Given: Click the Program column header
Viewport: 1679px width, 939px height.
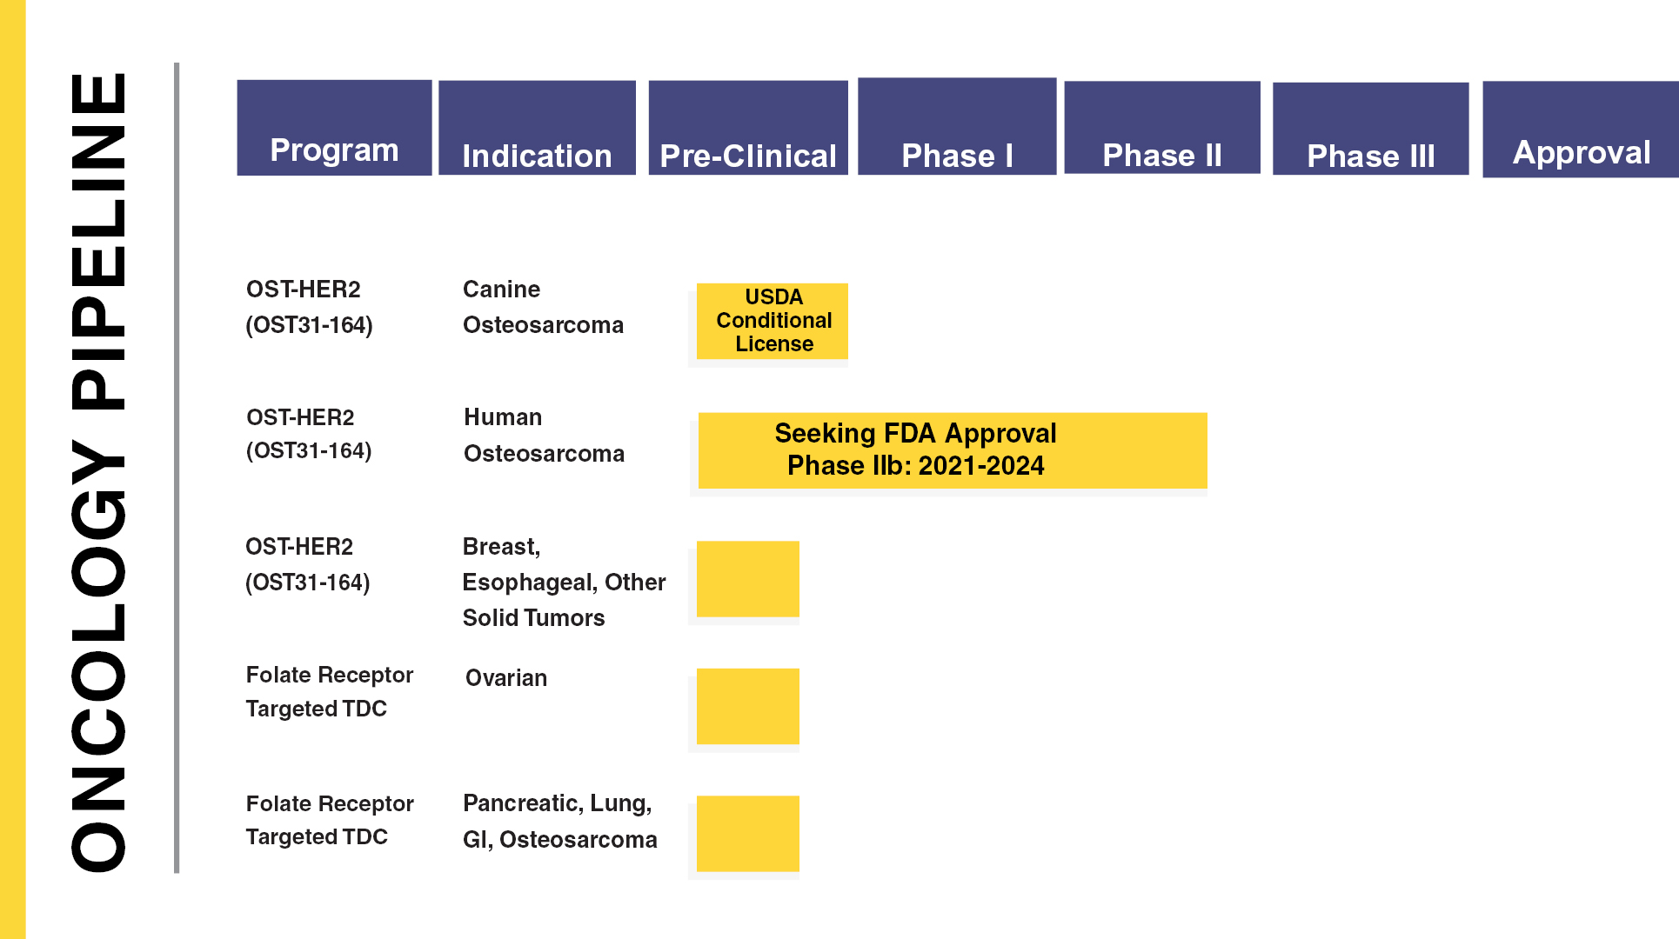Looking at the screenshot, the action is (334, 128).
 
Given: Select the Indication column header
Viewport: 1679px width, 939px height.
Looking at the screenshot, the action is (537, 128).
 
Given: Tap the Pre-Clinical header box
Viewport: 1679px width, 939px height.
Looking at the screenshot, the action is (748, 128).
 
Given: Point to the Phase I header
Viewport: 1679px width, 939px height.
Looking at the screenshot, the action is (957, 126).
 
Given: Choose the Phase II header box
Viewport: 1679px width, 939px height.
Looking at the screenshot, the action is (1162, 128).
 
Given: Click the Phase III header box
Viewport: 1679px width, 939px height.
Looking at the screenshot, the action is (1371, 129).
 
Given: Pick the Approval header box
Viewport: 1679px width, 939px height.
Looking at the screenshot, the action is (1581, 130).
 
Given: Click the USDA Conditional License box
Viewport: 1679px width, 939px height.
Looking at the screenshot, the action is (773, 321).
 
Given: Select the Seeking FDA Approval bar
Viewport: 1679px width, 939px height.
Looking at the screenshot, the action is (953, 450).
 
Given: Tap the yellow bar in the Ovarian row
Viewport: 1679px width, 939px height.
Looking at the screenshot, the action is (748, 706).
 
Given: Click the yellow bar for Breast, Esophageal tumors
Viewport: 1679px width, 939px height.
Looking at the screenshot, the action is (748, 579).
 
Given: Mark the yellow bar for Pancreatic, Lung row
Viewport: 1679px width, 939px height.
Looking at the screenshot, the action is (748, 834).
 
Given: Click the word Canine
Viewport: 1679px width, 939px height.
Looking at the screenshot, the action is (501, 289).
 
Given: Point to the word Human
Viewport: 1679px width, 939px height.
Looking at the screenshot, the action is (503, 417).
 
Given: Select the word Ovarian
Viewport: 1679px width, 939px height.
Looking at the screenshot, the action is (506, 678).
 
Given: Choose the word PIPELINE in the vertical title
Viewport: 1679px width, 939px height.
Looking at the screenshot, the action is (98, 241).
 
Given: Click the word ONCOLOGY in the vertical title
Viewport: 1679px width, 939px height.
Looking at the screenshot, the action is (98, 656).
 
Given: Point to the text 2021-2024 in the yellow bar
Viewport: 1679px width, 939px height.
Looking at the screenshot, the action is (981, 466).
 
